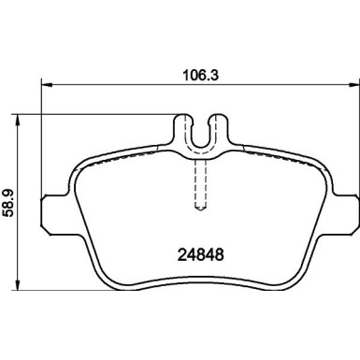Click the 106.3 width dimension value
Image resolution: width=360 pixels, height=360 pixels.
tap(201, 75)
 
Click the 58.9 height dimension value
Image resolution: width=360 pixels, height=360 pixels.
tap(8, 204)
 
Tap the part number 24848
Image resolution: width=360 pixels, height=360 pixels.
tap(201, 254)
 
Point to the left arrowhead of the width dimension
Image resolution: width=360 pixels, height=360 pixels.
tap(48, 83)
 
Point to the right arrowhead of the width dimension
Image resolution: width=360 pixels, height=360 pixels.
tap(353, 83)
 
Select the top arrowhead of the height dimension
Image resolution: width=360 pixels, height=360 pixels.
tap(18, 121)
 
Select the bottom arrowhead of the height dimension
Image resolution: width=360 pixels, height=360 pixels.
tap(18, 284)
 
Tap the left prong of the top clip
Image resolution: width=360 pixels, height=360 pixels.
tap(182, 129)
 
